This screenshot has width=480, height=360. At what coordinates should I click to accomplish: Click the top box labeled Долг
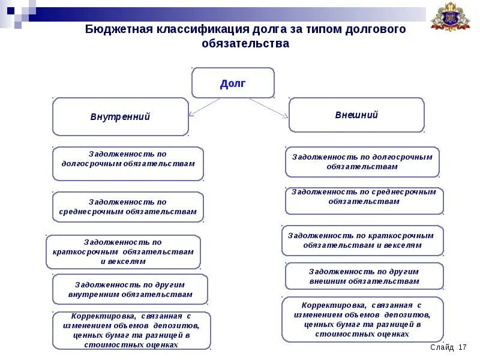pos(233,83)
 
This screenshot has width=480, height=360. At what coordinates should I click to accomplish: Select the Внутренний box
pos(120,116)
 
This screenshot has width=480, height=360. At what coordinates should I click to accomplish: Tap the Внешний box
pos(356,115)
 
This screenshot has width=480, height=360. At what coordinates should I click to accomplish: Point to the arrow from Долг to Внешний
pos(268,107)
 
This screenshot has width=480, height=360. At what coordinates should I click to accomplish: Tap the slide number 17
pos(462,348)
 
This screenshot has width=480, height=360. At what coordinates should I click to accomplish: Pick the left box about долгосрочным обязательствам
pos(128,163)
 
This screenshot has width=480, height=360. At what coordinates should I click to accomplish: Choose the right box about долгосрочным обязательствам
pos(362,161)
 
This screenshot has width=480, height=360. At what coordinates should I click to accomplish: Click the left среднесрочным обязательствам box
pos(128,207)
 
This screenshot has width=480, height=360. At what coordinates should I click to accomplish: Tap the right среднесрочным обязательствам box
pos(364,201)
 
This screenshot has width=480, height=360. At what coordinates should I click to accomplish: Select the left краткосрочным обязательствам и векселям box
pos(123,252)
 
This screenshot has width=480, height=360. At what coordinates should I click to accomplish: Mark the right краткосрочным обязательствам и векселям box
pos(362,240)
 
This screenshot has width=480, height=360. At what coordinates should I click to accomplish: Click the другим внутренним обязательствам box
pos(130,289)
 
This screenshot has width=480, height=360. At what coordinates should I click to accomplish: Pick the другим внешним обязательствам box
pos(364,276)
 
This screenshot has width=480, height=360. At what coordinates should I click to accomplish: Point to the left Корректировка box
pos(131,330)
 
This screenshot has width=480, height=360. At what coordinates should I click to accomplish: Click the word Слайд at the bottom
pos(442,348)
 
